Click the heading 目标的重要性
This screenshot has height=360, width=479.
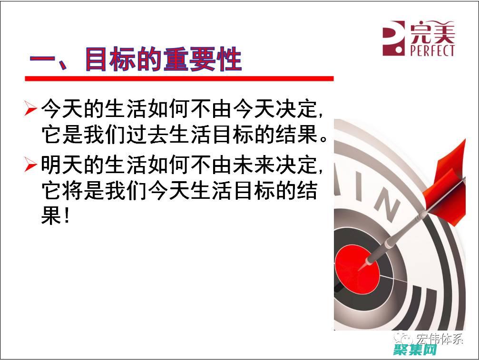163,59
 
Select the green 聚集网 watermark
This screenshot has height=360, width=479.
415,350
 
